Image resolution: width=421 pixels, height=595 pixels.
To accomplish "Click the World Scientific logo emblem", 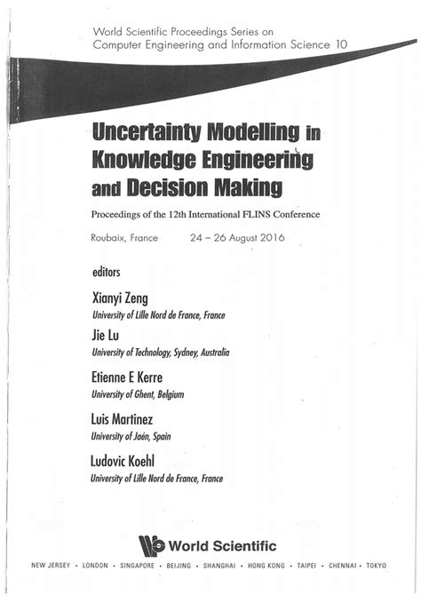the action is [x=156, y=545].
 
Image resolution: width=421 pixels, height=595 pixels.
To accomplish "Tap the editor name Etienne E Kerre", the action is [x=133, y=377].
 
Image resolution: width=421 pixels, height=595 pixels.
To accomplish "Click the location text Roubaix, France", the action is [x=124, y=238].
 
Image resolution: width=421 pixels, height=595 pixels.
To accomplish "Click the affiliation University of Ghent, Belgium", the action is [x=139, y=394].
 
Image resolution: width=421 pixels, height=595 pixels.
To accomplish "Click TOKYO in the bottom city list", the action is [x=376, y=565].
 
